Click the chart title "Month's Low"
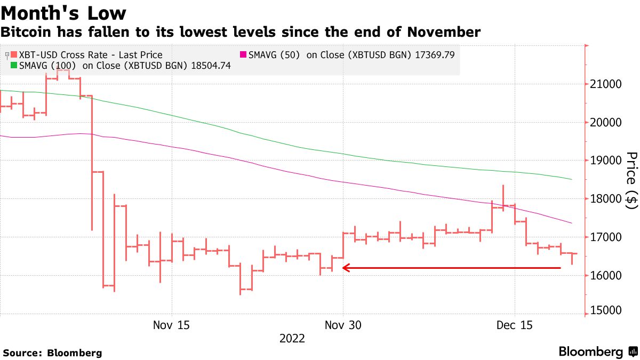[x=63, y=13]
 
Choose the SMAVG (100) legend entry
[x=121, y=66]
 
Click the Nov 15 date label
[x=171, y=325]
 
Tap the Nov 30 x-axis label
[x=343, y=325]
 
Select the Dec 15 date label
[x=515, y=325]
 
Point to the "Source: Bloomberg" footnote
[x=52, y=353]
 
